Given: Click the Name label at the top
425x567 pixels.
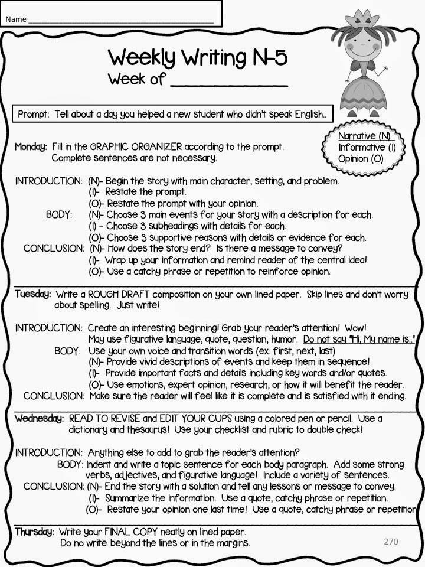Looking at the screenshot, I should (16, 19).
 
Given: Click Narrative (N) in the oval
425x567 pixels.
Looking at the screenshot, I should (364, 136).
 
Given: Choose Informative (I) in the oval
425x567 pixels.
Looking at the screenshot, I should (367, 148).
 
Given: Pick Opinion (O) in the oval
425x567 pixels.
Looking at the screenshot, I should (361, 159).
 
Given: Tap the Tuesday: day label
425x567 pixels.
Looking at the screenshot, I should (33, 294).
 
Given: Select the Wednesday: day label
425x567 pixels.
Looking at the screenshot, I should (39, 419).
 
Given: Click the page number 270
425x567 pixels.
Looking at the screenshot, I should (391, 541).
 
